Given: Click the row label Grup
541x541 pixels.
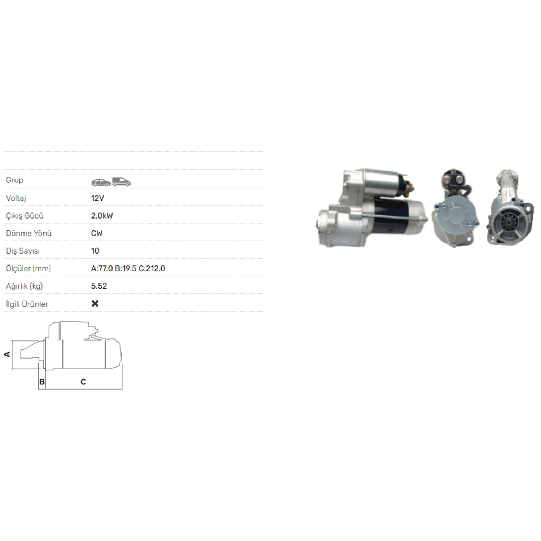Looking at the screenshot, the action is coord(14,180).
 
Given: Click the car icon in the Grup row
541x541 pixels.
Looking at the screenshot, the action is coord(101,182).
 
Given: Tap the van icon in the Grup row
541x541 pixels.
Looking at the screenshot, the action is coord(121,182).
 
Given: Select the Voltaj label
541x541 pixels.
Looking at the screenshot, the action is coord(16,198).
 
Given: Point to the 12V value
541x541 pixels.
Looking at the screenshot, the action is coord(97,198).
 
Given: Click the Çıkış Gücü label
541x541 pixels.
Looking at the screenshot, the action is coord(25,216).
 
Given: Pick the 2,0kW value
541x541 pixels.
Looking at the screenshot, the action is coord(102,216).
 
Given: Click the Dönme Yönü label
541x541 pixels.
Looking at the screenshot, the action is coord(29,233).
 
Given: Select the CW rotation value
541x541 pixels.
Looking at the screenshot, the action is coord(97,233).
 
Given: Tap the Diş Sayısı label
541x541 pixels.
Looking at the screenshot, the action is coord(23,251).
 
